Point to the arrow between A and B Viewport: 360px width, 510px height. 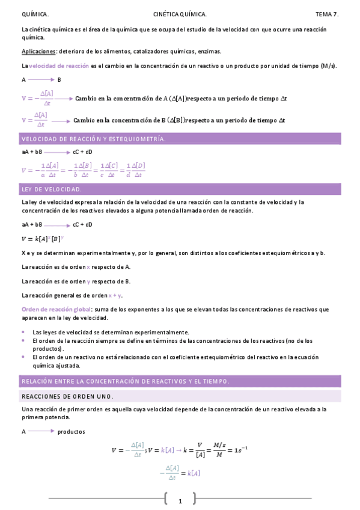point(41,79)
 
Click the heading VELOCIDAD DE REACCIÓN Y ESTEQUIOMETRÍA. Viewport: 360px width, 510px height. point(93,139)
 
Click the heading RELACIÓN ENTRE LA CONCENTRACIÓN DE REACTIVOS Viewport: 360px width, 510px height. point(125,381)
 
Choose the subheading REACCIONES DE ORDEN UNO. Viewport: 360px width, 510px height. point(67,396)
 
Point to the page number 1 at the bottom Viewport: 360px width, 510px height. point(180,500)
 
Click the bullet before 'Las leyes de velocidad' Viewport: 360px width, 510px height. point(23,332)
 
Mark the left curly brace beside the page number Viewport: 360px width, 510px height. point(165,499)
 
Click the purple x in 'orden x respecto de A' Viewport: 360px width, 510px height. point(88,266)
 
